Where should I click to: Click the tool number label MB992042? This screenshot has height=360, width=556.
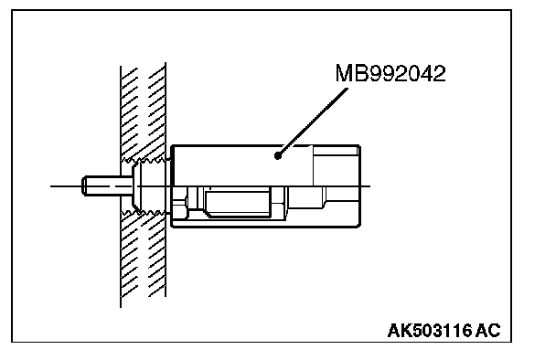390,73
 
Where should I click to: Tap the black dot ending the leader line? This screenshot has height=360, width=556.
278,155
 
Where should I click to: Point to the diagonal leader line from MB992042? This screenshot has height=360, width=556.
313,122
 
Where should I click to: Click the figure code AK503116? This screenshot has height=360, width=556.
430,331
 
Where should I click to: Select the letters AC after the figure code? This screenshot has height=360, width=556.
488,331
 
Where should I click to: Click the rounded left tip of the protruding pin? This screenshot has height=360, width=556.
84,185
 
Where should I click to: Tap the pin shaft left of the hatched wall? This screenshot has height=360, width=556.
102,185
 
